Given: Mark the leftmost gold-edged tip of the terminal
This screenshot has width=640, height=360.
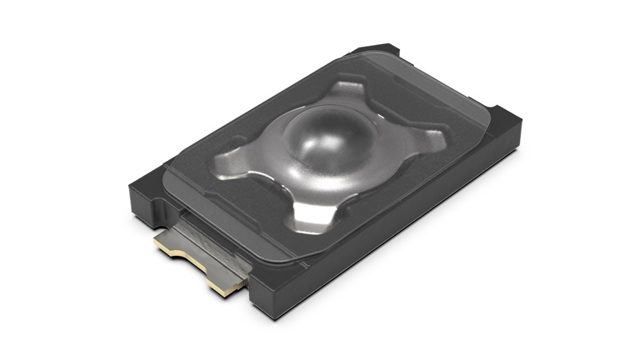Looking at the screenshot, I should pyautogui.click(x=159, y=246).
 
